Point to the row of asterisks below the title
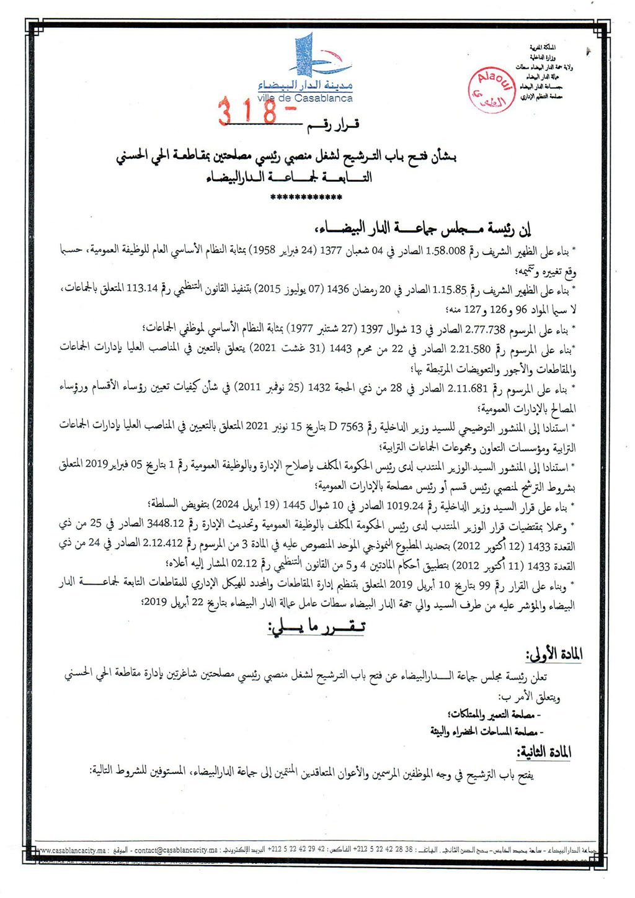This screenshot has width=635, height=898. (x=307, y=198)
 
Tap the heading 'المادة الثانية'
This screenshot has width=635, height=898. (x=544, y=752)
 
